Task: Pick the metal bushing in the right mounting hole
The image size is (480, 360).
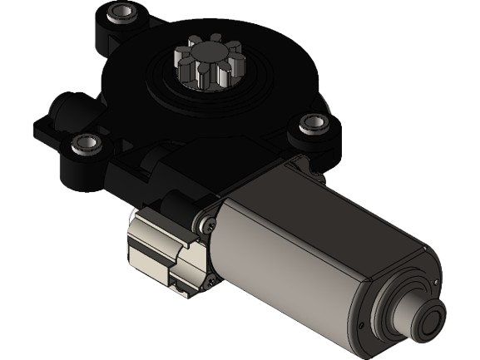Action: pyautogui.click(x=312, y=122)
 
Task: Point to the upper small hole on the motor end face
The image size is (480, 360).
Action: pyautogui.click(x=432, y=283)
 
